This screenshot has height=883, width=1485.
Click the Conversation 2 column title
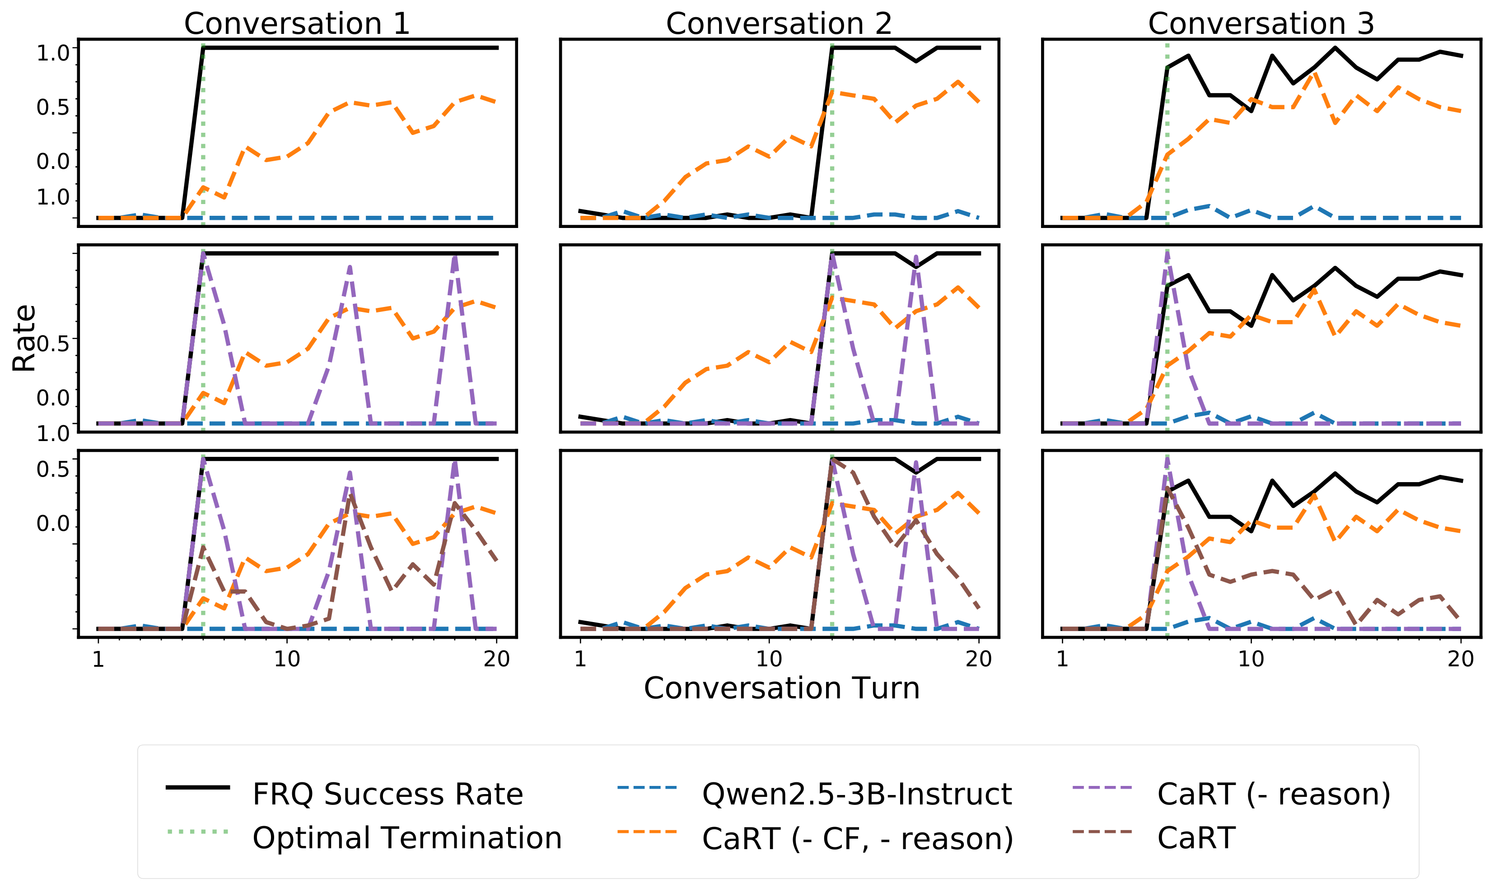[x=779, y=24]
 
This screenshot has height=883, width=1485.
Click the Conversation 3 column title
[x=1261, y=24]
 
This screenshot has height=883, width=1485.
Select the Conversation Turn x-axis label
[x=781, y=688]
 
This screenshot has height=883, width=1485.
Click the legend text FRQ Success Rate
[x=388, y=795]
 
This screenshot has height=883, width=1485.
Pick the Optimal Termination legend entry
[x=407, y=838]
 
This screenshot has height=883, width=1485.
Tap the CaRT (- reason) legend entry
[x=1274, y=795]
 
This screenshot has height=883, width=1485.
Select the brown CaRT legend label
[x=1196, y=838]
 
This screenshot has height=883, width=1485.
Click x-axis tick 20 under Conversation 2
[x=979, y=659]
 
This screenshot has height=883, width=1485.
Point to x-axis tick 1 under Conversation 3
[x=1062, y=659]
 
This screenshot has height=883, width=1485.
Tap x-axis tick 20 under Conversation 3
[x=1461, y=659]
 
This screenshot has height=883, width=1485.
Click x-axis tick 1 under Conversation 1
[x=98, y=659]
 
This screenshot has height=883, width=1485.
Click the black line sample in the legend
[x=198, y=788]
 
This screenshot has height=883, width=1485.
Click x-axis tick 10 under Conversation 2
[x=769, y=659]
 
